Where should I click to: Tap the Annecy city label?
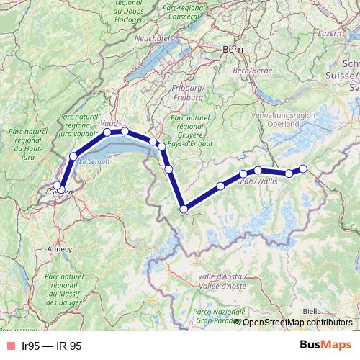tap(59, 249)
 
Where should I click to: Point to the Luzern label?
tap(348, 33)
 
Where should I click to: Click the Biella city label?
tap(312, 312)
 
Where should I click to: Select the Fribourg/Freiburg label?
tap(190, 91)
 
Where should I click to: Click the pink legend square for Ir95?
tap(10, 346)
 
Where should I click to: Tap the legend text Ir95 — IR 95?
tap(51, 346)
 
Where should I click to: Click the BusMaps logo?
tap(322, 346)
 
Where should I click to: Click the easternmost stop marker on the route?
tap(303, 168)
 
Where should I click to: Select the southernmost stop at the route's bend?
tap(184, 210)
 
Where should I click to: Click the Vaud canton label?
tap(109, 124)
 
